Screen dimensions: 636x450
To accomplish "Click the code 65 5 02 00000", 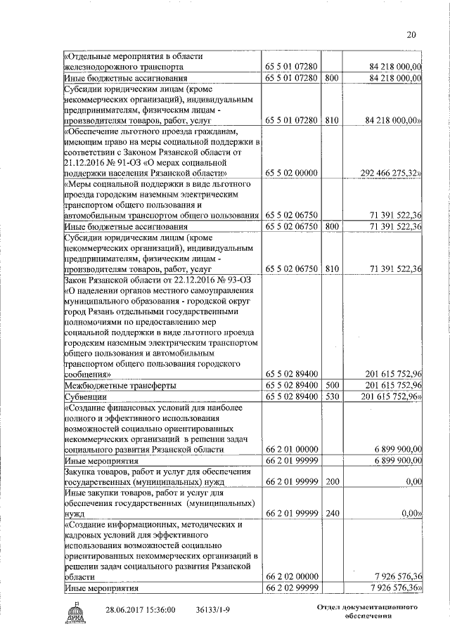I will tap(291, 171).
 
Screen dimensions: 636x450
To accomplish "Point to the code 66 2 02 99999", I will tap(291, 587).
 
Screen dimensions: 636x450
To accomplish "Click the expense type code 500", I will tap(332, 386).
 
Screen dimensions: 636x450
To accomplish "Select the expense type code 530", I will tap(332, 397).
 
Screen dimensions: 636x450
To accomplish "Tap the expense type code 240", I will tap(332, 513).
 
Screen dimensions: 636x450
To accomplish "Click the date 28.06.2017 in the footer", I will tap(127, 610).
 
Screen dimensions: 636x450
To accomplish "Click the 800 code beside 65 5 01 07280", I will tap(332, 78).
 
